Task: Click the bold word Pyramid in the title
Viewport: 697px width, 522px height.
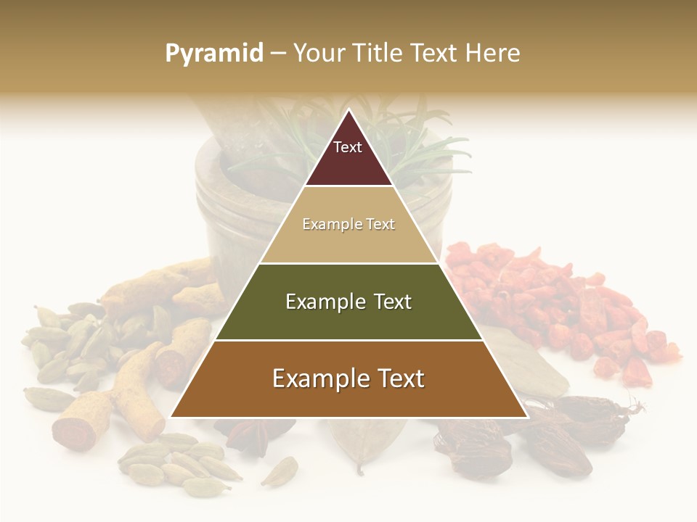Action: (213, 54)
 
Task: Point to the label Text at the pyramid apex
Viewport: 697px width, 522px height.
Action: (348, 147)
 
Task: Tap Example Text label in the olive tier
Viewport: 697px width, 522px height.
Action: (348, 302)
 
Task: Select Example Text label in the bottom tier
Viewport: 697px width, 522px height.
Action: (348, 378)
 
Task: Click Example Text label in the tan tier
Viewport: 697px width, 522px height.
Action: (348, 224)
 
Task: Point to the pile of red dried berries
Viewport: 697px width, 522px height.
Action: (559, 304)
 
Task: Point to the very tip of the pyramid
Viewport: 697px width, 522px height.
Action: (348, 109)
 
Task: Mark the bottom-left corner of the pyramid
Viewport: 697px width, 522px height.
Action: (171, 417)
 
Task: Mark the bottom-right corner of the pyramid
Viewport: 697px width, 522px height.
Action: (527, 417)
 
